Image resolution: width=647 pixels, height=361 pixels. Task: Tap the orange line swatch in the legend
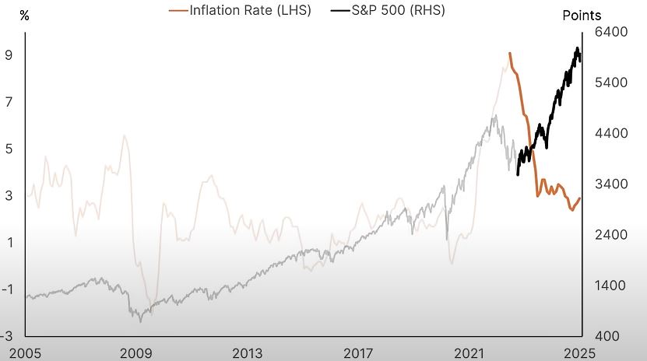178,11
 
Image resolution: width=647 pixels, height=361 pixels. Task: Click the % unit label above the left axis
24,16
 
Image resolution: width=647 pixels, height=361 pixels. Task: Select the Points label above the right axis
582,16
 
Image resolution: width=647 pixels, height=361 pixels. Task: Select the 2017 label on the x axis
360,352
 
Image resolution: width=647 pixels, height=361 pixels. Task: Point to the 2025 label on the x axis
580,352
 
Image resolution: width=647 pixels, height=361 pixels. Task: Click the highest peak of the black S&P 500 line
578,48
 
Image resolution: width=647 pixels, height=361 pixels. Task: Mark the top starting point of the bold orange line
509,54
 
